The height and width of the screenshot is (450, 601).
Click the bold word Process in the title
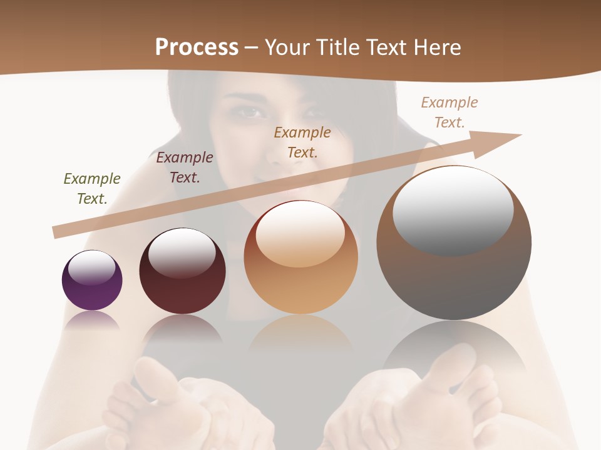197,47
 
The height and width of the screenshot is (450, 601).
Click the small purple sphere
92,281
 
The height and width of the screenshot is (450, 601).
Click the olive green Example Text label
92,189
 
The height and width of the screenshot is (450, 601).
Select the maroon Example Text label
185,167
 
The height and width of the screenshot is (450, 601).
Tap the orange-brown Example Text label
302,142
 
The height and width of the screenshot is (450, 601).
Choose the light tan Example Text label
449,112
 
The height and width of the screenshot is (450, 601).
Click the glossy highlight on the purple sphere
92,267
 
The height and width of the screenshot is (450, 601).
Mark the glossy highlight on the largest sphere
453,209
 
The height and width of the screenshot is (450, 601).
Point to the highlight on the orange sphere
300,234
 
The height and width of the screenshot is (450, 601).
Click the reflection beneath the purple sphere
92,320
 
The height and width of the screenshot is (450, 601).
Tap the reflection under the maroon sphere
182,327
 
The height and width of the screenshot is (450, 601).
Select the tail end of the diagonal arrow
58,232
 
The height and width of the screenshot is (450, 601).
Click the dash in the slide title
251,47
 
